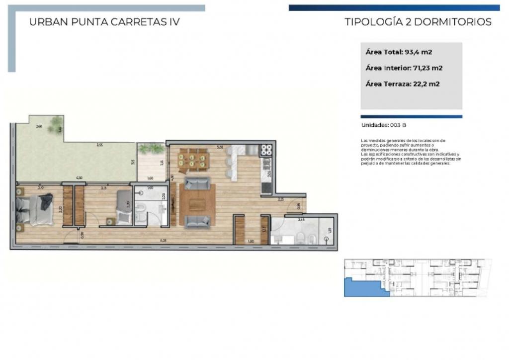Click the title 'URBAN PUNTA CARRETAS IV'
click(104, 22)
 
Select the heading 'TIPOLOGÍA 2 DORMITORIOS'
click(418, 22)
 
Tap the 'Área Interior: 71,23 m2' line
click(404, 68)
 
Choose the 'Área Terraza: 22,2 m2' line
click(402, 84)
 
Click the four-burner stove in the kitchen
click(265, 150)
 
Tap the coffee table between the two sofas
click(197, 203)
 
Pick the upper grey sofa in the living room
click(197, 183)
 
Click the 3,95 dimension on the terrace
click(99, 145)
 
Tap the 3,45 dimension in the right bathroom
click(301, 219)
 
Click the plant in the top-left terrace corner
click(56, 122)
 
